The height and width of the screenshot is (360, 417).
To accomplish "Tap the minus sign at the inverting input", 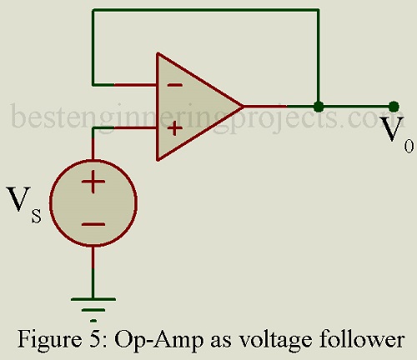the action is pyautogui.click(x=175, y=85).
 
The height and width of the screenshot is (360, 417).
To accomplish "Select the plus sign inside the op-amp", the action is pyautogui.click(x=175, y=128).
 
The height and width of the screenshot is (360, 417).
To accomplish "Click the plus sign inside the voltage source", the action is pyautogui.click(x=93, y=182).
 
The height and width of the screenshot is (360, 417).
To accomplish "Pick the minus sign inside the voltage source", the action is pyautogui.click(x=93, y=224).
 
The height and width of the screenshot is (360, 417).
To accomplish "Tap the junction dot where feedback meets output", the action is pyautogui.click(x=319, y=107).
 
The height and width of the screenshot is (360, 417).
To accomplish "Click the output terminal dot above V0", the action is pyautogui.click(x=394, y=107).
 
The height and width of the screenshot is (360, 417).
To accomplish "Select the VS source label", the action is pyautogui.click(x=24, y=204).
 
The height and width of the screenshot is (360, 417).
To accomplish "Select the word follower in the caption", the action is pyautogui.click(x=362, y=339).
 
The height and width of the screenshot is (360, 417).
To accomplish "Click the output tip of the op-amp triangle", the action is pyautogui.click(x=244, y=107).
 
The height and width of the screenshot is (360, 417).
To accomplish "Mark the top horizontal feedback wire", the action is pyautogui.click(x=206, y=11).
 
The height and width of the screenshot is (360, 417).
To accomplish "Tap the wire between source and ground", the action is pyautogui.click(x=93, y=272).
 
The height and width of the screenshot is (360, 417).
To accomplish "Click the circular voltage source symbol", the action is pyautogui.click(x=93, y=203).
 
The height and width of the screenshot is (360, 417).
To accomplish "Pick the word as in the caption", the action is pyautogui.click(x=221, y=341).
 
